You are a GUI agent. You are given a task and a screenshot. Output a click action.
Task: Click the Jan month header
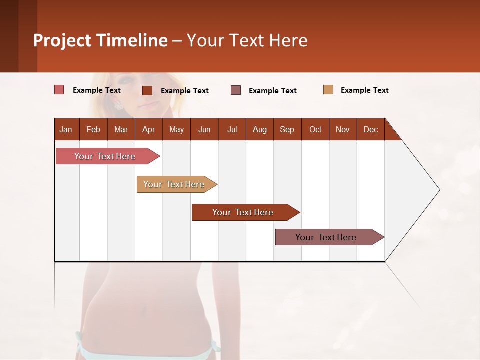pyautogui.click(x=66, y=129)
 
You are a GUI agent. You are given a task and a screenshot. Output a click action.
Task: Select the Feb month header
pyautogui.click(x=93, y=129)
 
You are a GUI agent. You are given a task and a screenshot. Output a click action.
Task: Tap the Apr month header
pyautogui.click(x=148, y=129)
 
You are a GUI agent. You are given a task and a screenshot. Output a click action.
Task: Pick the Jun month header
pyautogui.click(x=204, y=129)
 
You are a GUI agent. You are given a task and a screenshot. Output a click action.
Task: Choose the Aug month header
pyautogui.click(x=259, y=129)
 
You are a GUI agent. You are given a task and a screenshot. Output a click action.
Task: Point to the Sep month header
pyautogui.click(x=287, y=129)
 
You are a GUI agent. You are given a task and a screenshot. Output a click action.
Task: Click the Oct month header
pyautogui.click(x=315, y=129)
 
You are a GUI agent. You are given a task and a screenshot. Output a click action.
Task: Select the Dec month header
pyautogui.click(x=370, y=129)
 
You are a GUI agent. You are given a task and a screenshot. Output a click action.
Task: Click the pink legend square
pyautogui.click(x=59, y=90)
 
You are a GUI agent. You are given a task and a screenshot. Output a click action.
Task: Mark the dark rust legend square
pyautogui.click(x=147, y=90)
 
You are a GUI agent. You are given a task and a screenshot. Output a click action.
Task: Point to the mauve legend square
pyautogui.click(x=236, y=90)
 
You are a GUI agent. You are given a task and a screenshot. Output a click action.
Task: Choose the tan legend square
pyautogui.click(x=328, y=90)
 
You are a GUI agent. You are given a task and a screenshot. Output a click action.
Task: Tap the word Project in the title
pyautogui.click(x=62, y=40)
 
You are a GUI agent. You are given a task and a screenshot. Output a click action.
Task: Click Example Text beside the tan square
pyautogui.click(x=364, y=90)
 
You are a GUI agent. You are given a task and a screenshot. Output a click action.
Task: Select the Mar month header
pyautogui.click(x=121, y=129)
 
